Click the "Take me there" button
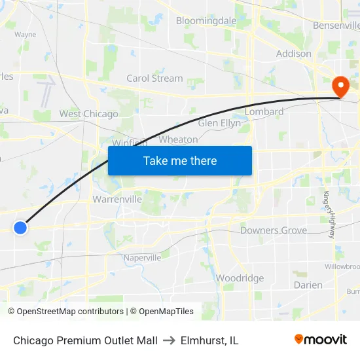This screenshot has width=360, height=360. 180,160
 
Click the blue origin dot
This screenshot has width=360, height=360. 20,228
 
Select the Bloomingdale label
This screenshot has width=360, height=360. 206,21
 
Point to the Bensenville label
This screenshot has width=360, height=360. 336,26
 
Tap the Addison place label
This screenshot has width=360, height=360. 294,54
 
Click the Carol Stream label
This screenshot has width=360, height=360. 154,78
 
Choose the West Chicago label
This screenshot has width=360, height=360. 88,114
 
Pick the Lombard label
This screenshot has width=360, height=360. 264,112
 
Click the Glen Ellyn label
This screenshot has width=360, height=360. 219,123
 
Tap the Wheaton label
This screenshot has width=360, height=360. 178,139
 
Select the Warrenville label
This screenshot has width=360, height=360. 117,199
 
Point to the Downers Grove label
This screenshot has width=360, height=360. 274,230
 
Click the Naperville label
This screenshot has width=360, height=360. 142,258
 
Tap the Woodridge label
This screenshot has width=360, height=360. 240,278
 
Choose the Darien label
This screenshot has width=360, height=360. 308,285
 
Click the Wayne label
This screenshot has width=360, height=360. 25,35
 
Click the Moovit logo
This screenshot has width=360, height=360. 320,340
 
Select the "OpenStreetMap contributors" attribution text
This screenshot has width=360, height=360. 70,312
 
